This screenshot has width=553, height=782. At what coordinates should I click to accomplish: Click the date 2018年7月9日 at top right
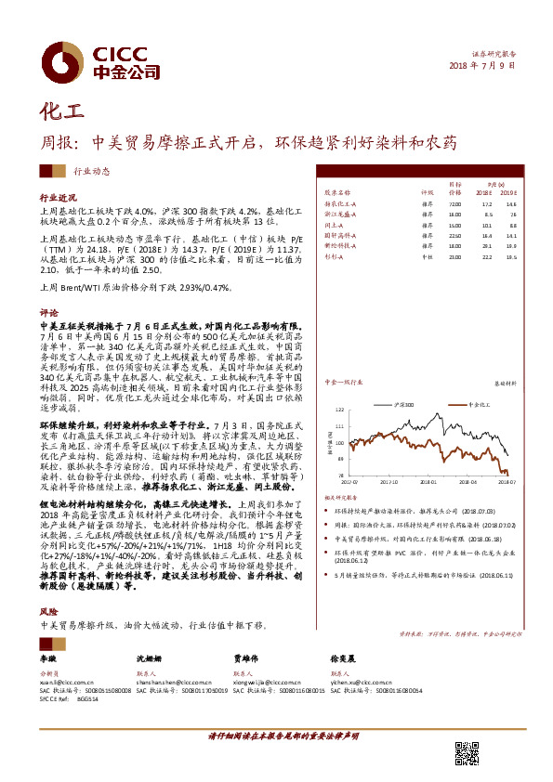coord(482,66)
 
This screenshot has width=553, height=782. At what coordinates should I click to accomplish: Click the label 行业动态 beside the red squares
coord(91,172)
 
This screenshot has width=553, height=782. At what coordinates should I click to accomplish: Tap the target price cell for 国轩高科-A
coord(454,236)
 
